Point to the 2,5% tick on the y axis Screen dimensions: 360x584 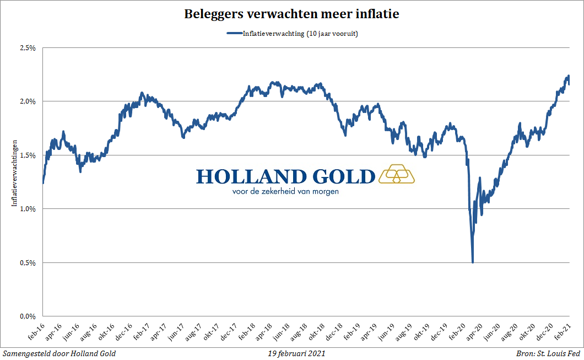click(x=28, y=48)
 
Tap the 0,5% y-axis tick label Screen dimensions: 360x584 click(x=28, y=263)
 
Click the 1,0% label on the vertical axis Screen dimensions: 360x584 click(x=28, y=209)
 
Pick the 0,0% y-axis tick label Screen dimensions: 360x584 click(x=28, y=316)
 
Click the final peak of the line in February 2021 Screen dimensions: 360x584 click(x=568, y=76)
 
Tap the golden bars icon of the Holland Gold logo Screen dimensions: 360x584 click(x=397, y=174)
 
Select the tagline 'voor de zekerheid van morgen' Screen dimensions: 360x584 click(x=285, y=192)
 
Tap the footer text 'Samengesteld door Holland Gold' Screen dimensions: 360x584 click(x=60, y=353)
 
